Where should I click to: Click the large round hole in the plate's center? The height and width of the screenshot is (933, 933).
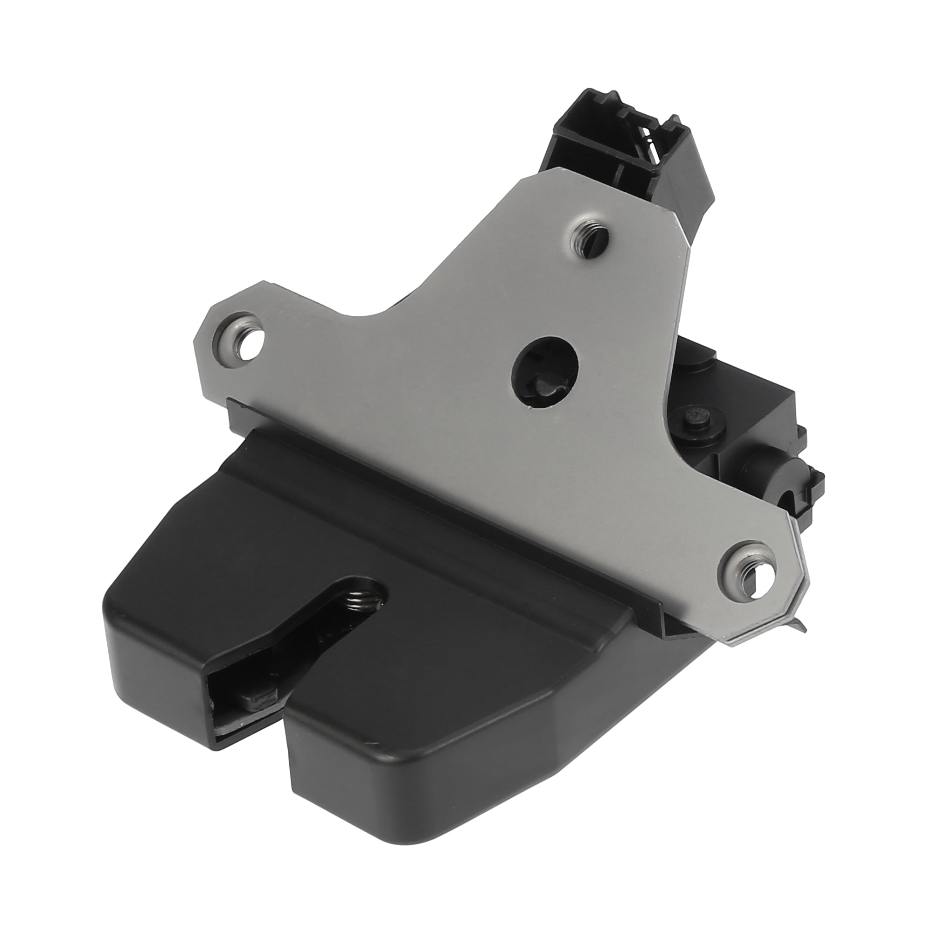(x=547, y=368)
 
